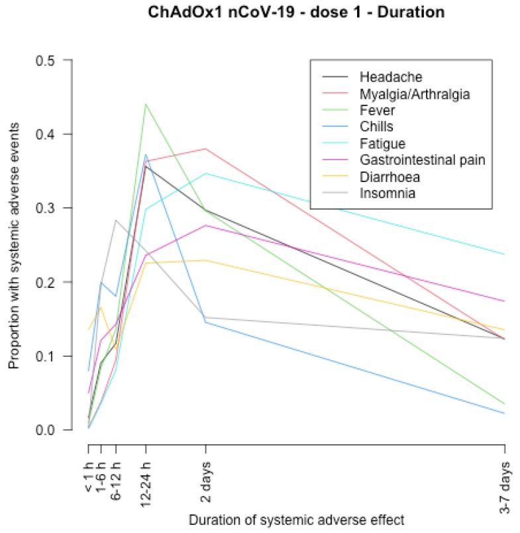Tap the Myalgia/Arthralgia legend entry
[x=414, y=94]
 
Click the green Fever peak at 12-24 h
[x=146, y=104]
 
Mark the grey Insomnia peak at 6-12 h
[x=116, y=220]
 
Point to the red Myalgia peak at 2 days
[x=205, y=149]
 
